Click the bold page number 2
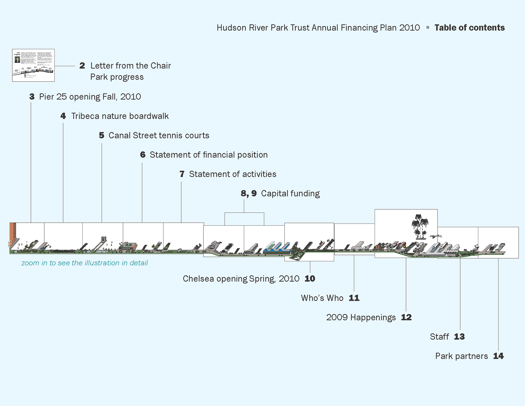point(82,66)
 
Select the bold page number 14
point(498,356)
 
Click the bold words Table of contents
point(469,28)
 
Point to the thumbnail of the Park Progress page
point(33,65)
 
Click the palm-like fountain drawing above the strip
point(420,226)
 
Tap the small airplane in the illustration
point(436,236)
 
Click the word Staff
point(439,337)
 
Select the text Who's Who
point(322,298)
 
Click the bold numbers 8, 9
point(249,193)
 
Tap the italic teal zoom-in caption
point(84,263)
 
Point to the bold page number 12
point(406,317)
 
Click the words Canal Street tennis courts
point(159,135)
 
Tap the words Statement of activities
point(232,174)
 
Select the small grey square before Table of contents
point(428,27)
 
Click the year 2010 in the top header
point(409,28)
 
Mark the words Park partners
point(461,356)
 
